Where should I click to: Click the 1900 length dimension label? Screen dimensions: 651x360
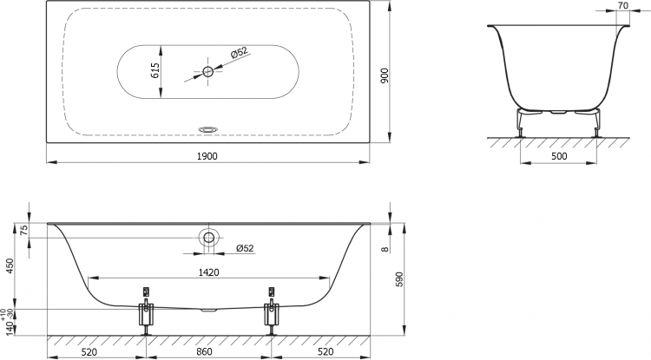[x=207, y=156]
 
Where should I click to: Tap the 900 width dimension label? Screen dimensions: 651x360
[x=385, y=75]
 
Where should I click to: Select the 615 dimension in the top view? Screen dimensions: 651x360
[x=155, y=71]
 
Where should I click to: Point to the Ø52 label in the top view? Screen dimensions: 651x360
[x=239, y=53]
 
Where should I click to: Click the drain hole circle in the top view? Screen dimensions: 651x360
[x=208, y=71]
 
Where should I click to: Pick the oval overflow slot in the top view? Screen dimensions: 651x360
[x=207, y=129]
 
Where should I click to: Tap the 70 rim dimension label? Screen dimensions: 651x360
[x=622, y=5]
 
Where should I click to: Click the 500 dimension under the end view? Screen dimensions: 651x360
[x=559, y=156]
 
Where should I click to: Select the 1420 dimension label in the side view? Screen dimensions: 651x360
[x=208, y=272]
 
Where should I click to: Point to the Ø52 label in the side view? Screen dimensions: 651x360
[x=245, y=248]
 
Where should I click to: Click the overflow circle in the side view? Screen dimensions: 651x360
[x=208, y=238]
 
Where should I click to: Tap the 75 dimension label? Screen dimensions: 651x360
[x=23, y=231]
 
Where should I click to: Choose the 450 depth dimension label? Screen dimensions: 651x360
[x=10, y=265]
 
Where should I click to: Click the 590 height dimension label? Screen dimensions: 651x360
[x=399, y=279]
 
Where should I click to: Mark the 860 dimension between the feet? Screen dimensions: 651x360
[x=203, y=351]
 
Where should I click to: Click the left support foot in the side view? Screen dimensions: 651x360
[x=146, y=314]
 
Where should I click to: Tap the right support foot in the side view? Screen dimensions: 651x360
[x=272, y=314]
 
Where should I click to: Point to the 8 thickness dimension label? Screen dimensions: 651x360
[x=385, y=249]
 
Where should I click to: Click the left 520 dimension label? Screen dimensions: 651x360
[x=89, y=351]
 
